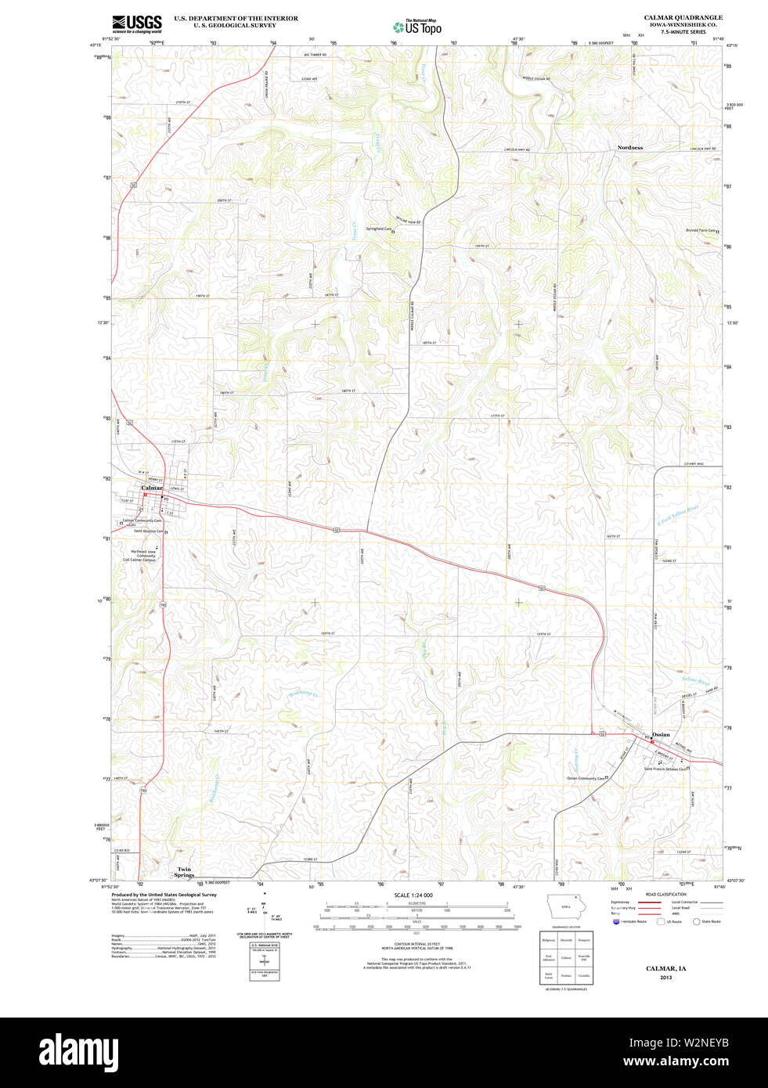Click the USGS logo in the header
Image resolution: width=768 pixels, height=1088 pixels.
tap(137, 23)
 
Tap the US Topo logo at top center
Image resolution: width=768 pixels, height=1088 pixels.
tap(417, 27)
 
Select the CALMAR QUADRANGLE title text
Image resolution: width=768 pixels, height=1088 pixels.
tap(683, 17)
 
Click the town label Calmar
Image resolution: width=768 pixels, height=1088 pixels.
tap(152, 488)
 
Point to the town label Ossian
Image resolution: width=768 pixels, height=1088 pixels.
tap(661, 734)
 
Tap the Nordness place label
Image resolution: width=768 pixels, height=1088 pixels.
tap(629, 147)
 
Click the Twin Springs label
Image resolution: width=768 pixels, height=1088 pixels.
tap(184, 872)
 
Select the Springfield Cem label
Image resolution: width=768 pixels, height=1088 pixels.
tap(378, 229)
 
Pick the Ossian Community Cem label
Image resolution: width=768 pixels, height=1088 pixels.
tap(586, 778)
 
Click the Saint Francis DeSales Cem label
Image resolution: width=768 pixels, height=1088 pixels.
tap(664, 769)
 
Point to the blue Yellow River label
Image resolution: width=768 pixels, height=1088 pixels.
tap(695, 682)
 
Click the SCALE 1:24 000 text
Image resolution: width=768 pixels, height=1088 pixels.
tap(413, 895)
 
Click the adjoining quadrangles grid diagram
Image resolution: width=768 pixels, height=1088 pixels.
tap(565, 957)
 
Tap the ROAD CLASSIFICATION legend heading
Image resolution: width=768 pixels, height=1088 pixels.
tap(665, 894)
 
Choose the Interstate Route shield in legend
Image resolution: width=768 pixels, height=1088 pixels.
tap(616, 921)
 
